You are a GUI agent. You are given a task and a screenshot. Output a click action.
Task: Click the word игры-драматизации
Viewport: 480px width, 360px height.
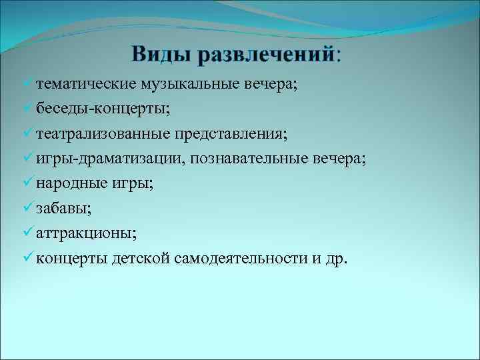coord(103,159)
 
